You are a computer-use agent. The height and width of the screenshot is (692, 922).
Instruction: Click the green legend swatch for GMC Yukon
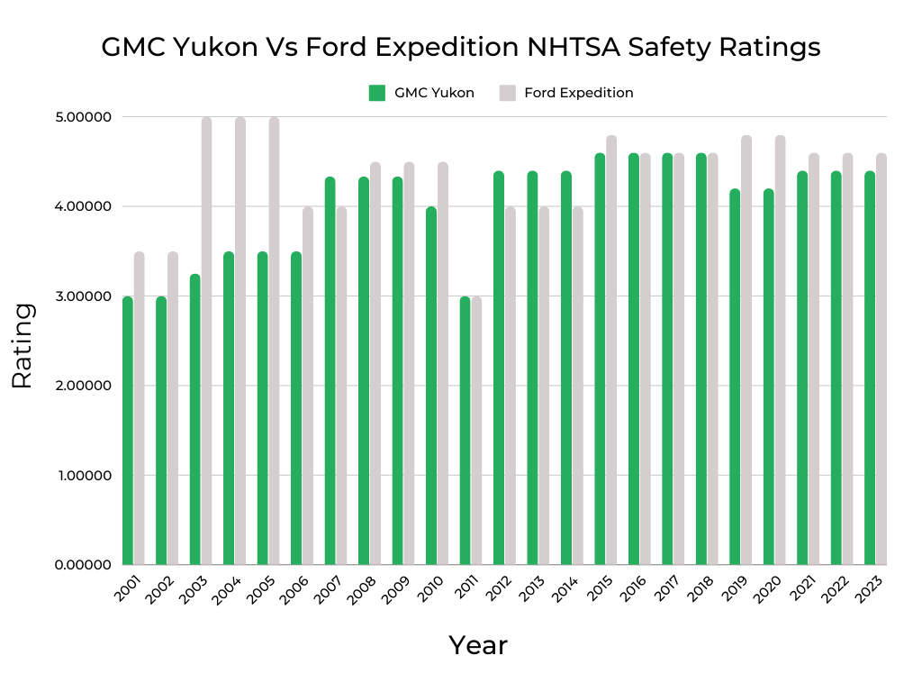pos(377,93)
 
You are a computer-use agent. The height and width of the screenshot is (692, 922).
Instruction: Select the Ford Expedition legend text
pos(578,93)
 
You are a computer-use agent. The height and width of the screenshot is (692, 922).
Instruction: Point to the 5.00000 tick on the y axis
pos(84,117)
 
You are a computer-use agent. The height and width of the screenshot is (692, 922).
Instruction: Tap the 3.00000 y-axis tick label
pos(84,296)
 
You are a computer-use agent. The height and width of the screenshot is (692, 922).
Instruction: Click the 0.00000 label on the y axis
pos(84,565)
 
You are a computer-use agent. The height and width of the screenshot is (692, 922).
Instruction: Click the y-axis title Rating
pos(23,345)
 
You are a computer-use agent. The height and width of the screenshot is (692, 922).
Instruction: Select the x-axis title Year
pos(478,645)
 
